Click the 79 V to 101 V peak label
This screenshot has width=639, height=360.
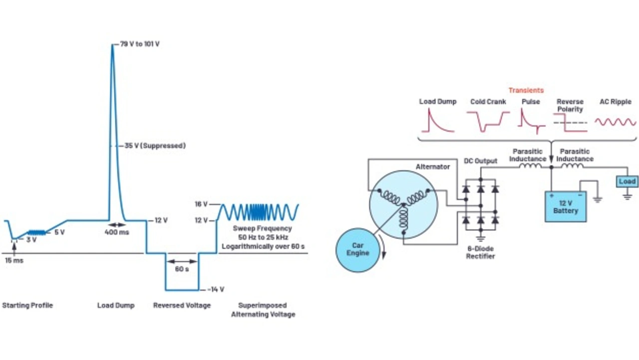coord(140,44)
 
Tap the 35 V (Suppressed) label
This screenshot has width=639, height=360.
coord(155,146)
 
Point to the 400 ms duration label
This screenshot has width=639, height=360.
coord(117,232)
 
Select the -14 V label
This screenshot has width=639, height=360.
coord(216,290)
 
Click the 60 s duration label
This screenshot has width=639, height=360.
coord(182,269)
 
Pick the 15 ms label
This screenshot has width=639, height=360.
coord(14,261)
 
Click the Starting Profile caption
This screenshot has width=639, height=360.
coord(27,306)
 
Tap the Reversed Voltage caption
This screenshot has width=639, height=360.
coord(182,306)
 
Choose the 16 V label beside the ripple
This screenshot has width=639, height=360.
coord(201,204)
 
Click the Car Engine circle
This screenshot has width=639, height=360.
coord(358,250)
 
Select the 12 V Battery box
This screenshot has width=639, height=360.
coord(566,207)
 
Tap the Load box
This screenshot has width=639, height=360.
coord(627,181)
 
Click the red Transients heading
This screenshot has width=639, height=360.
coord(526,90)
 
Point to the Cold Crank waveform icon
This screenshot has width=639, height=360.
coord(488,122)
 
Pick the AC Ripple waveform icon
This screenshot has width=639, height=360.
coord(616,122)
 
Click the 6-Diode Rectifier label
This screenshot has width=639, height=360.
coord(480,253)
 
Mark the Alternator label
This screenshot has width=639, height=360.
coord(433,167)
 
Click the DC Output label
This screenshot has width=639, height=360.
coord(480,161)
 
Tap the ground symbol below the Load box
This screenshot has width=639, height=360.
coord(627,197)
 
